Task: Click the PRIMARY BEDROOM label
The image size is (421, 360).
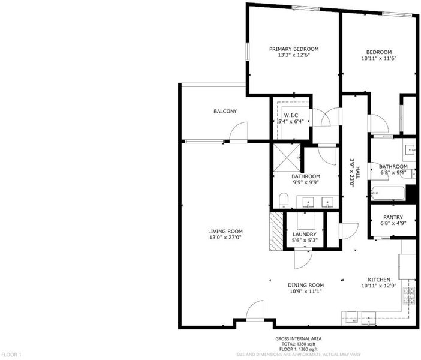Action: pyautogui.click(x=294, y=49)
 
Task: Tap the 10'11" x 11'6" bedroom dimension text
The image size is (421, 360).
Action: pyautogui.click(x=379, y=58)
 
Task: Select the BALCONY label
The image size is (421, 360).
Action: pyautogui.click(x=225, y=111)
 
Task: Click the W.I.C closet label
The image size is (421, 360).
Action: pyautogui.click(x=291, y=115)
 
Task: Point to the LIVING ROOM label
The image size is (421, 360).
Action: pyautogui.click(x=225, y=232)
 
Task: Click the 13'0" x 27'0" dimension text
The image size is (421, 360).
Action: pyautogui.click(x=225, y=238)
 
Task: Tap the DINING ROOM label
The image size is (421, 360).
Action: pyautogui.click(x=306, y=285)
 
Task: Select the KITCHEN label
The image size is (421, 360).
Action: pyautogui.click(x=379, y=280)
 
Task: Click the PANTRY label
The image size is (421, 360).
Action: pyautogui.click(x=393, y=217)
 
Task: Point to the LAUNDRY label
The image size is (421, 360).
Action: pyautogui.click(x=305, y=234)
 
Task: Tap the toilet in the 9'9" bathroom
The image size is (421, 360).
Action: pyautogui.click(x=284, y=200)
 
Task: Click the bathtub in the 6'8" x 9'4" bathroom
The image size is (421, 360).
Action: pyautogui.click(x=388, y=193)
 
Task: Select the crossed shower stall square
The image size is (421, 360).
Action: pyautogui.click(x=287, y=158)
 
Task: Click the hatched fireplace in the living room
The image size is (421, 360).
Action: pyautogui.click(x=276, y=232)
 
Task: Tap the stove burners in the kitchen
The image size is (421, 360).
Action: pyautogui.click(x=408, y=296)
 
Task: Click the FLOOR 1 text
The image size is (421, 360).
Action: pyautogui.click(x=11, y=355)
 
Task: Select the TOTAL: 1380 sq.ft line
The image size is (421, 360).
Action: pyautogui.click(x=298, y=344)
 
